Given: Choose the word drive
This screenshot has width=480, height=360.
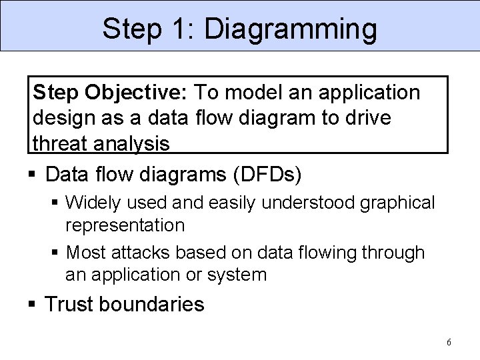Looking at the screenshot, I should pos(392,117).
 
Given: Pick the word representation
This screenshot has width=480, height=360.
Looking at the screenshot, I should pos(125,225).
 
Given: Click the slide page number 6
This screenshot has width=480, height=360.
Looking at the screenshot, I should pos(449,342).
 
